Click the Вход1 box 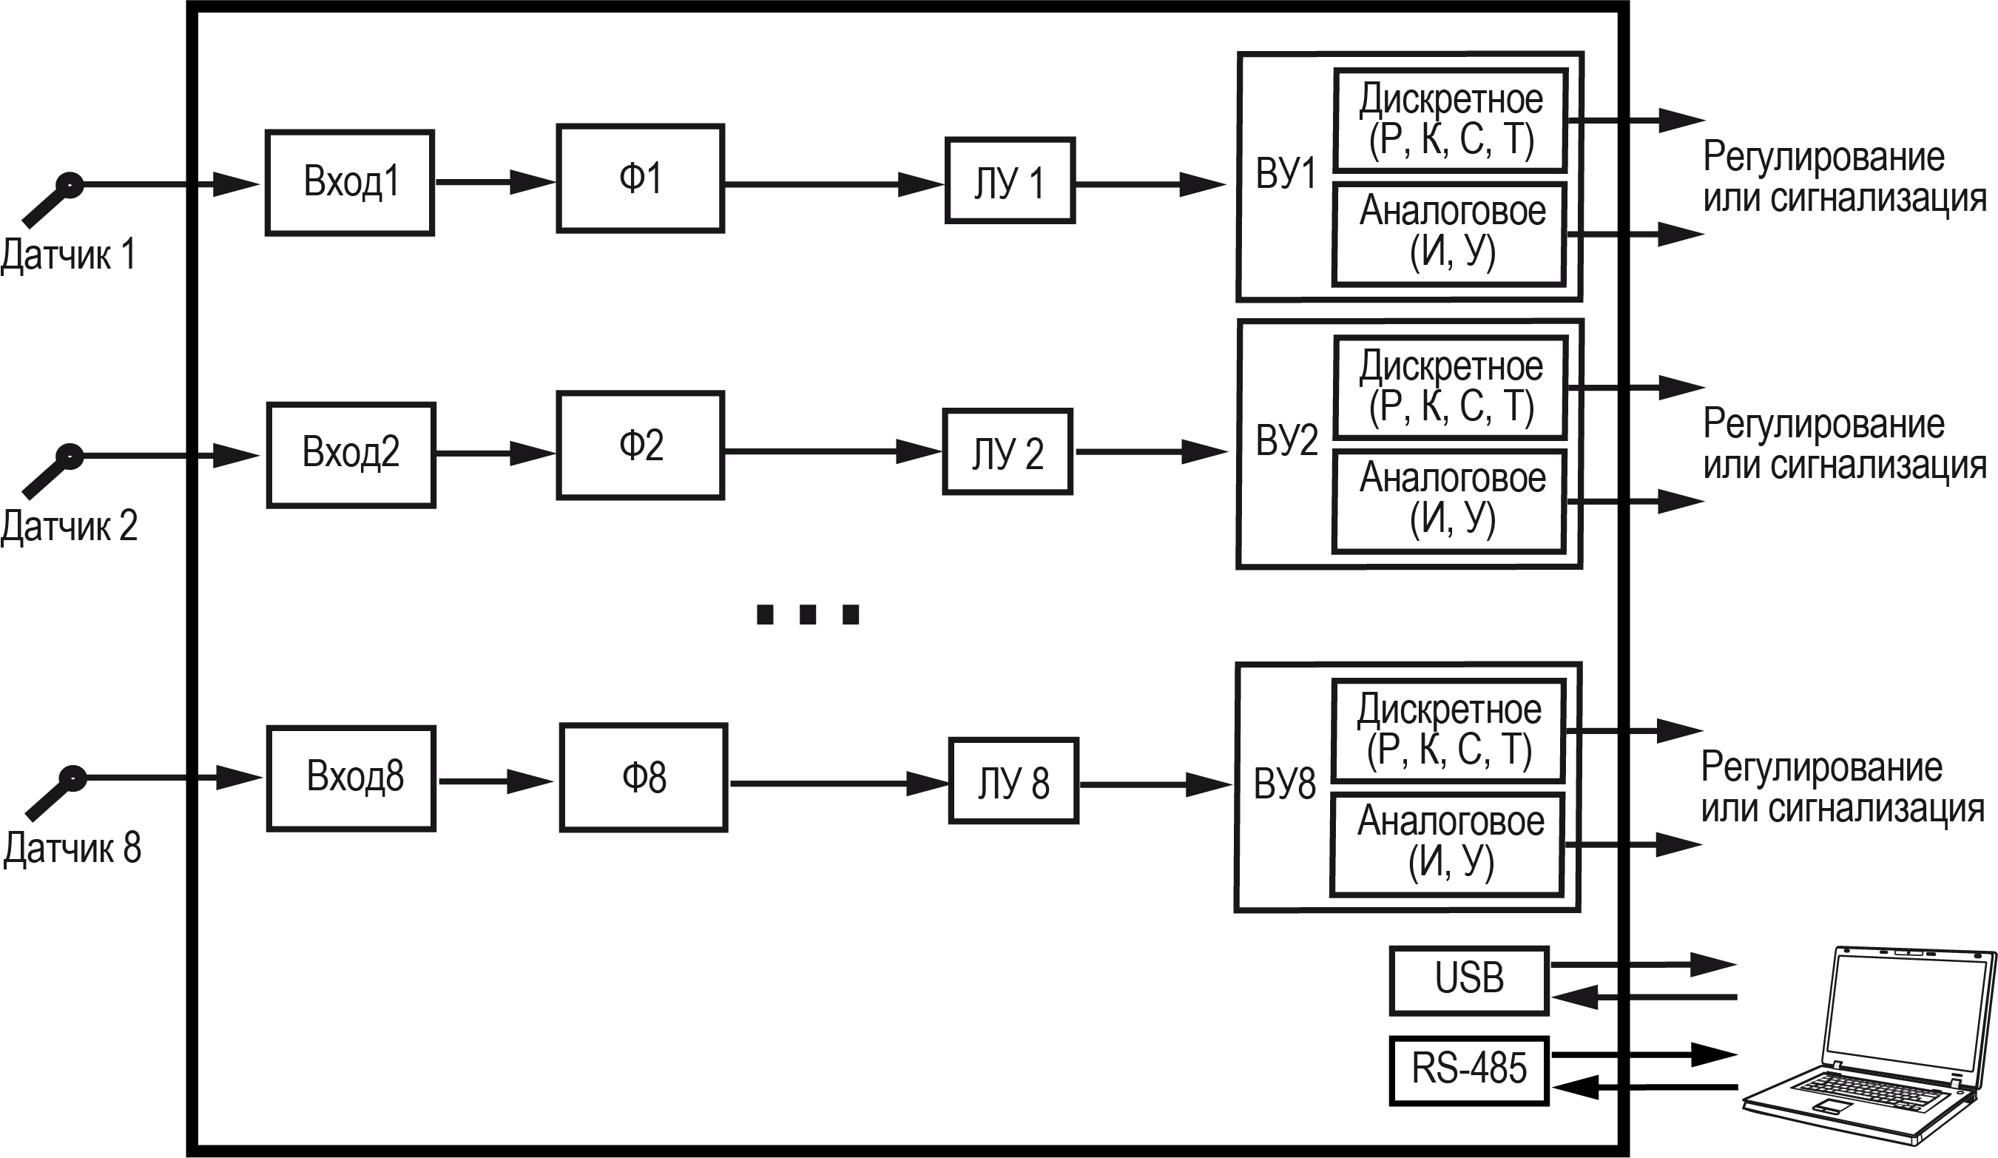point(350,183)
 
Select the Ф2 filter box point(640,445)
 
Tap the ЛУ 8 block point(1013,781)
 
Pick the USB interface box point(1468,980)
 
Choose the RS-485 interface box point(1468,1070)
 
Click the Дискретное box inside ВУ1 point(1450,121)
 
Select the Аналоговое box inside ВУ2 point(1448,500)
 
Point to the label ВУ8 point(1284,784)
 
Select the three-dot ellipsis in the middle point(807,615)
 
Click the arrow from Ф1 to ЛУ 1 point(832,184)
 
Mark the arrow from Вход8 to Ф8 point(496,781)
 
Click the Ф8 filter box point(643,777)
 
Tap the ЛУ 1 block point(1009,181)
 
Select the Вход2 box point(351,454)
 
